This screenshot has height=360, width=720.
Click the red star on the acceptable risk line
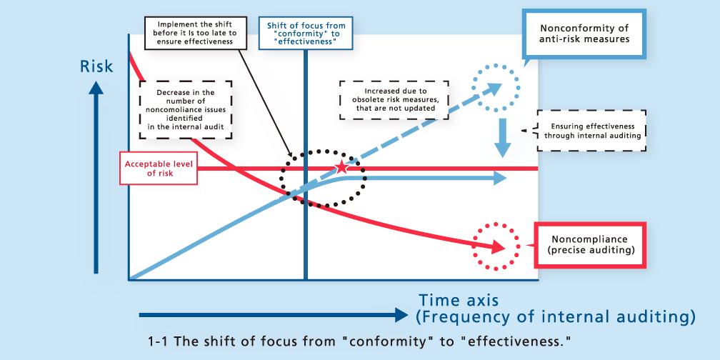tap(341, 168)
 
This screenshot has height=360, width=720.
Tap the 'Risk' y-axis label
tap(96, 66)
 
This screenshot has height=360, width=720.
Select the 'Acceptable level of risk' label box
tap(159, 169)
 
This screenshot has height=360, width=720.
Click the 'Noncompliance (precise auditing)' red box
tap(589, 246)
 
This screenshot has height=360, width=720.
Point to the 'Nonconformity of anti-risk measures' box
tap(584, 34)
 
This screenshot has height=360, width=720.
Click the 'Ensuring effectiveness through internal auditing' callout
tap(591, 131)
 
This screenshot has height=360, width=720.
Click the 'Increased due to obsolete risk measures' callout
tap(395, 101)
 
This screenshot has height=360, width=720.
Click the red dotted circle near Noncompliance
tap(493, 246)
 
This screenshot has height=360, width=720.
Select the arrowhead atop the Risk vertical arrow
tap(96, 89)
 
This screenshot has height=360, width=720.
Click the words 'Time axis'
tap(458, 300)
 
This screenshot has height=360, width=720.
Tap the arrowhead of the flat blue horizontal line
tap(501, 179)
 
